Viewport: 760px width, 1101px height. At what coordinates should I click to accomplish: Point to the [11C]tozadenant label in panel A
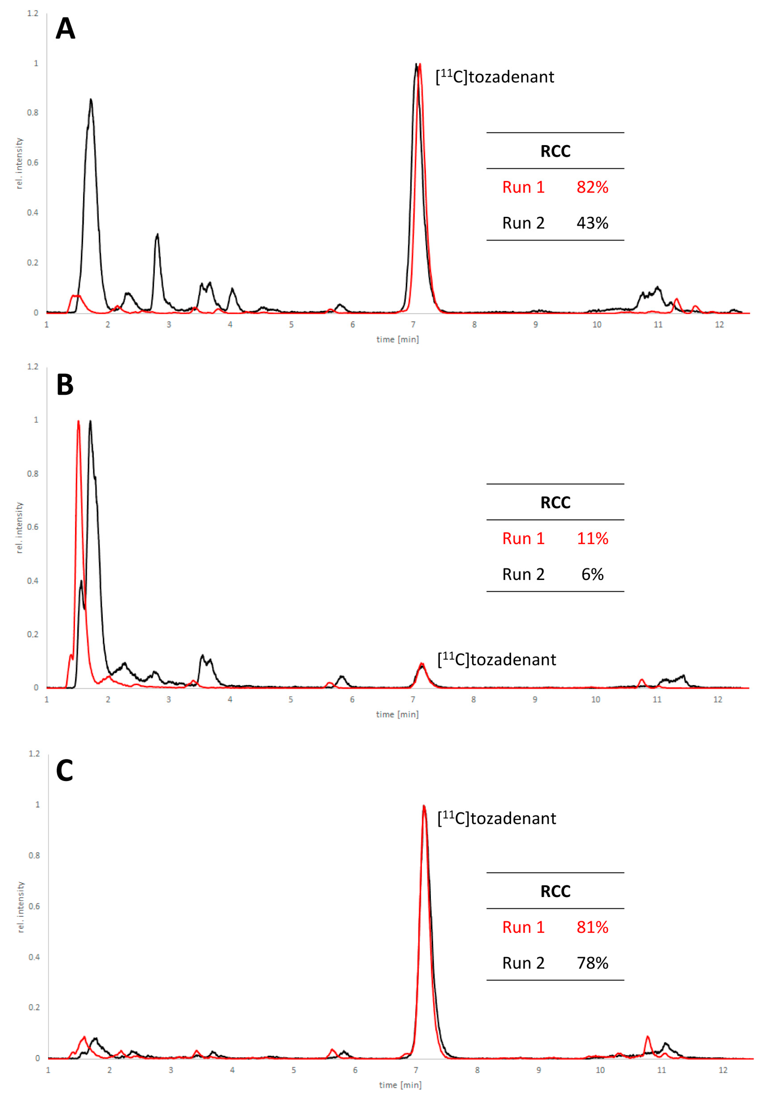tap(495, 77)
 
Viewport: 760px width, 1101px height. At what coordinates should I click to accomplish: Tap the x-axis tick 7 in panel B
tap(413, 699)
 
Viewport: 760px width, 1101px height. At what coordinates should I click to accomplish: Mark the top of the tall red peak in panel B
tap(78, 421)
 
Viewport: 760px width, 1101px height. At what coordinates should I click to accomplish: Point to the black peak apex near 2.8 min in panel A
tap(157, 235)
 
